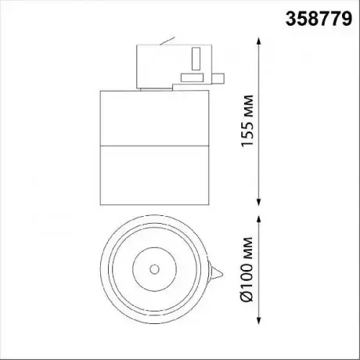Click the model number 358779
point(319,19)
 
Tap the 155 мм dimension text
point(247,121)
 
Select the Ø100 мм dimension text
point(247,270)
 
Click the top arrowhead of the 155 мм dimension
point(258,41)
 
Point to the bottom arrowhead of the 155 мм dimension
point(258,203)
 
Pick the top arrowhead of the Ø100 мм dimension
point(258,219)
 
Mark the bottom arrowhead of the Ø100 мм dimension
point(258,321)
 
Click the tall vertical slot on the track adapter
point(196,59)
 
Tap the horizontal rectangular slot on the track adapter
point(193,77)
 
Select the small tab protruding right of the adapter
point(218,79)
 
